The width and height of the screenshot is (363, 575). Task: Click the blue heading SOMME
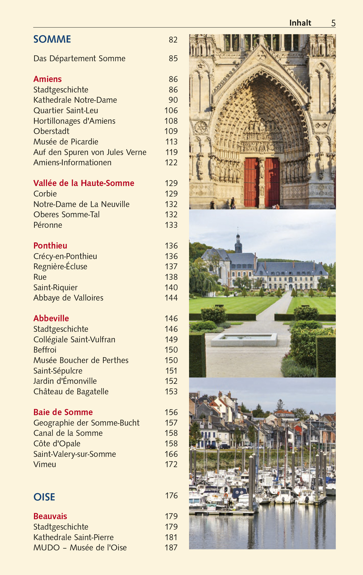coord(52,39)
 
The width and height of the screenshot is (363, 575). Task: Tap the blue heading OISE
coord(44,497)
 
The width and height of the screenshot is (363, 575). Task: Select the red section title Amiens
coord(48,79)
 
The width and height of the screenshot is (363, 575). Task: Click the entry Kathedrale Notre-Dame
coord(75,100)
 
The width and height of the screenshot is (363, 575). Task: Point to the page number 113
coord(171,142)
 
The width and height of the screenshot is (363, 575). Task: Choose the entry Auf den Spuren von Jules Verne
coord(90,152)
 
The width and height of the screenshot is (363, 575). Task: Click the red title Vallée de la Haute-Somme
coord(84,183)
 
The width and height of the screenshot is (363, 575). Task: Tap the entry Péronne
coord(48,225)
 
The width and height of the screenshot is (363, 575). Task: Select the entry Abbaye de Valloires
coord(68,298)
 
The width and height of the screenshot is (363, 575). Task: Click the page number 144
coord(171,298)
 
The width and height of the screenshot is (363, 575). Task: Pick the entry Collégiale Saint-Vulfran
coord(74,340)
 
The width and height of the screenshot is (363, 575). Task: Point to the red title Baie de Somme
coord(63,412)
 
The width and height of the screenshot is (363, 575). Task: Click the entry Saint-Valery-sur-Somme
coord(75,454)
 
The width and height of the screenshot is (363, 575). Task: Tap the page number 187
coord(171,548)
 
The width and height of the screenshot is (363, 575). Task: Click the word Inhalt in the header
coord(300,23)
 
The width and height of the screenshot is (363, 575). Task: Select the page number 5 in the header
coord(333,23)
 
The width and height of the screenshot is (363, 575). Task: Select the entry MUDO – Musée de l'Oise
coord(80,548)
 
